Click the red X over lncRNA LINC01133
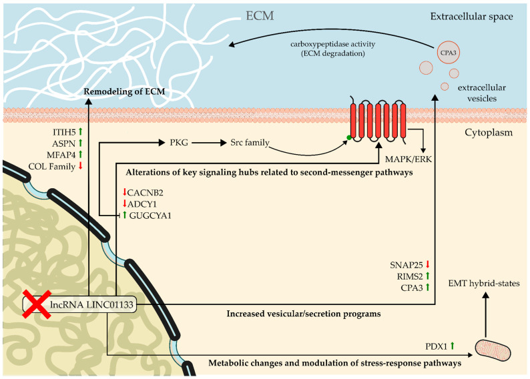point(37,304)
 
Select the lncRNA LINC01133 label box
point(80,305)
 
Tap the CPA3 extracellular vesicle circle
point(448,53)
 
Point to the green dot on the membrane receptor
point(348,137)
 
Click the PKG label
point(179,143)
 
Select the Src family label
point(250,143)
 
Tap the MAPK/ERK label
point(409,159)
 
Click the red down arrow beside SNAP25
point(428,264)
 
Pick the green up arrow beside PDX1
point(453,346)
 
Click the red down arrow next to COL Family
point(80,166)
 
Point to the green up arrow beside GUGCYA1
point(124,215)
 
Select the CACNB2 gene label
point(145,193)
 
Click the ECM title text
point(260,16)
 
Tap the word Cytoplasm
point(489,132)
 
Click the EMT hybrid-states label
point(484,283)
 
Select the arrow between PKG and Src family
point(209,143)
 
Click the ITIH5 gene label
point(64,132)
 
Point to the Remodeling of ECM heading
point(124,91)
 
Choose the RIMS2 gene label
point(410,276)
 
